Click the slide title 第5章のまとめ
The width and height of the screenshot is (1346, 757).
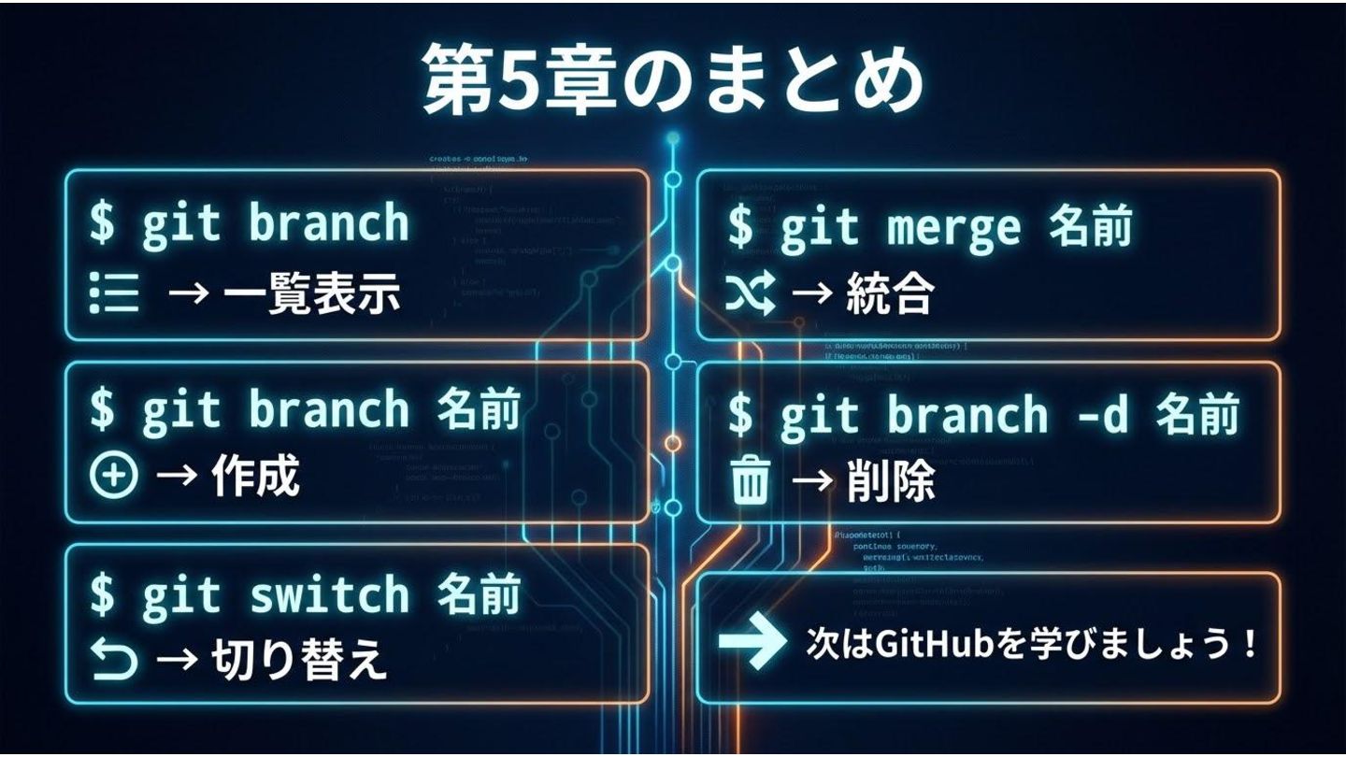point(672,79)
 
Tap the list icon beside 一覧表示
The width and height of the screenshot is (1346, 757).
point(113,294)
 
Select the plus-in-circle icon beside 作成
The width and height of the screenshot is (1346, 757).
point(113,477)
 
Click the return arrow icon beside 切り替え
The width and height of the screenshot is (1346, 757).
point(114,661)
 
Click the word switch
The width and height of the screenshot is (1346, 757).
point(330,593)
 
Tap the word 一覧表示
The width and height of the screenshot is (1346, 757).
point(311,294)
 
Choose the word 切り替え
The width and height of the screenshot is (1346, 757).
point(298,661)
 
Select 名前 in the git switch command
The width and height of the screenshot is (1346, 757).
point(478,592)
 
